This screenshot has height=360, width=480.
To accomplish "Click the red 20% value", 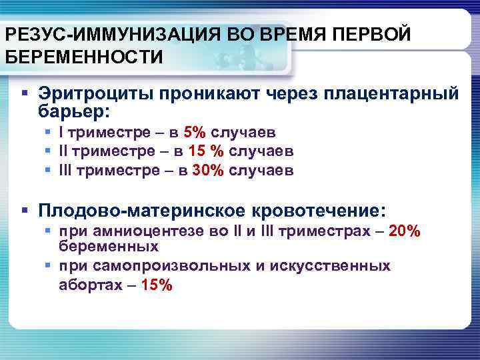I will (x=403, y=231).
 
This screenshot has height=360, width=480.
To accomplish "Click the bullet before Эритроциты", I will (x=25, y=94).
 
